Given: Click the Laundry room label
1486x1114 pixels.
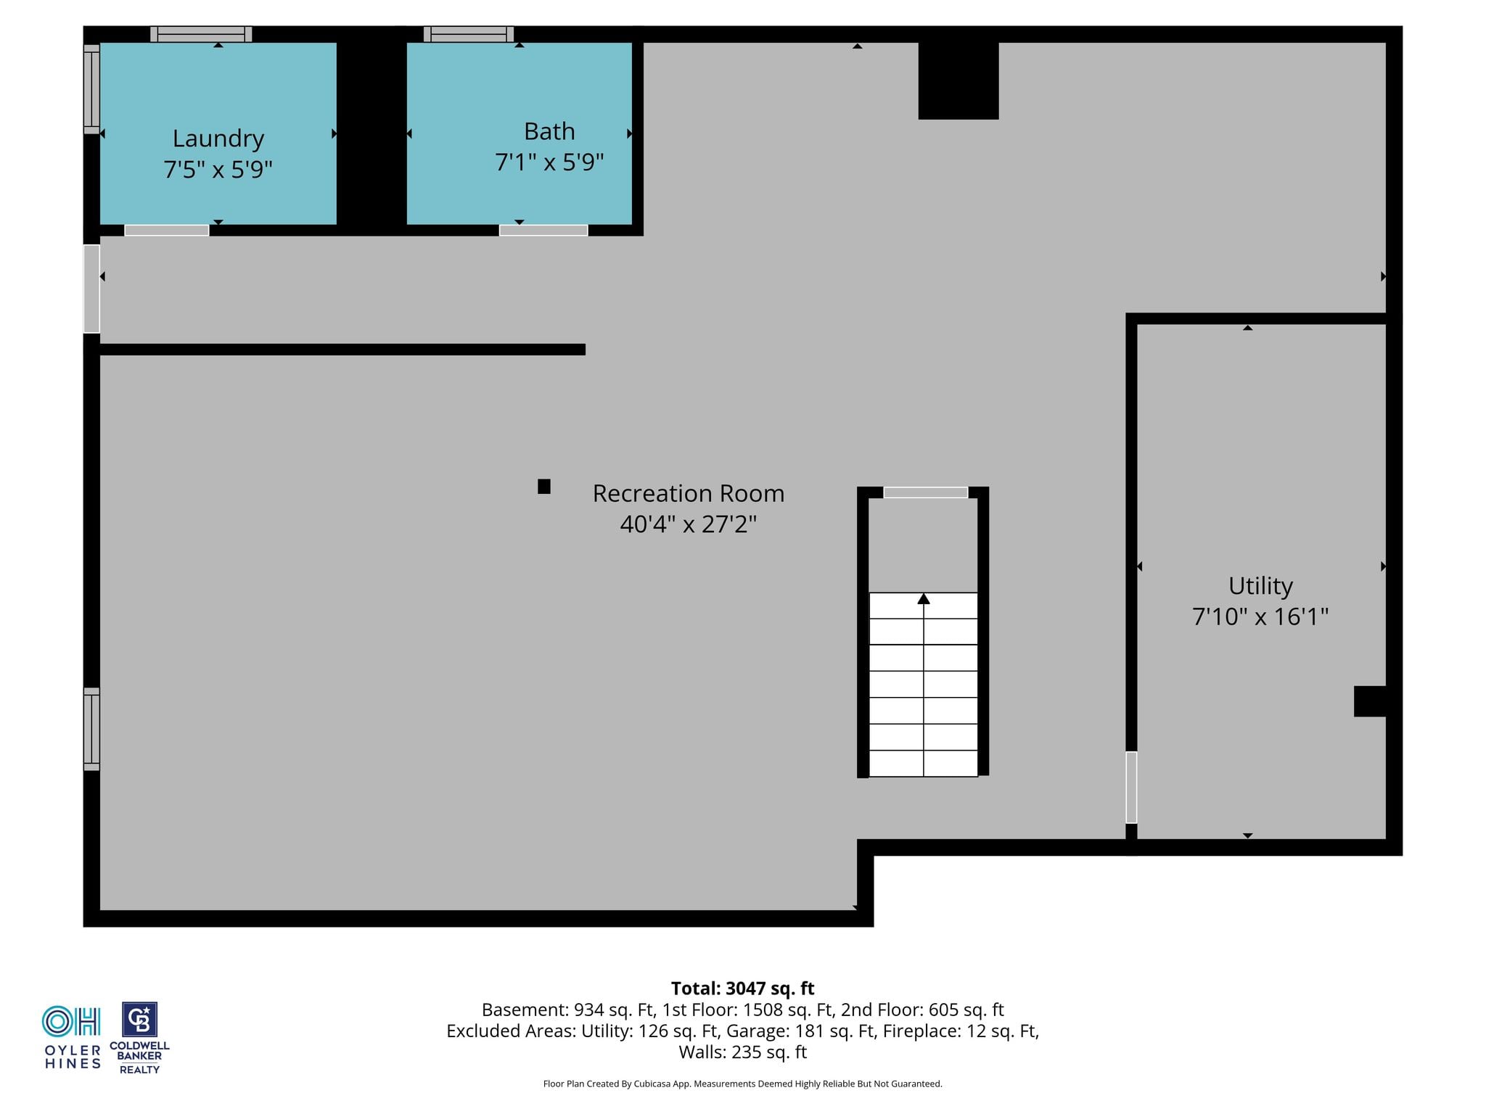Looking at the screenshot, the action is tap(218, 138).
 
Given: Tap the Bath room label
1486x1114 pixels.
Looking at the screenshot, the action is tap(549, 131).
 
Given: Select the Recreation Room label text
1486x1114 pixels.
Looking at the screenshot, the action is tap(689, 493).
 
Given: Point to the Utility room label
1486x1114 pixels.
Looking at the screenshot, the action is tap(1260, 586).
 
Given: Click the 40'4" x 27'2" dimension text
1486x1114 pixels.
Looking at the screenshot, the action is tap(689, 524).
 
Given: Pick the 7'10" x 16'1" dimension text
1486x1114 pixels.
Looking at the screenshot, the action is tap(1260, 616).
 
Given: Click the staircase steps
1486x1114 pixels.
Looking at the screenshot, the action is tap(923, 685).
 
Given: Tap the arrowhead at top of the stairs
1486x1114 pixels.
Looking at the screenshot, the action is tap(923, 598).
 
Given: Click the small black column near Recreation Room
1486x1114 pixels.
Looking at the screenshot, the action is tap(544, 487).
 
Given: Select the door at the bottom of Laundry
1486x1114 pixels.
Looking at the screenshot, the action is tap(167, 231).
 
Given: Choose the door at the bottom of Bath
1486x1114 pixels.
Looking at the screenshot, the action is tap(543, 231).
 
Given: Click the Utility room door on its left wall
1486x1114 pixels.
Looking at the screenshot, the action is tap(1131, 787).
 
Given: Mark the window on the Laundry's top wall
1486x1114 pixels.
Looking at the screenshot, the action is tap(201, 34).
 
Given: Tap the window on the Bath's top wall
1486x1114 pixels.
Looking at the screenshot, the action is tap(469, 34).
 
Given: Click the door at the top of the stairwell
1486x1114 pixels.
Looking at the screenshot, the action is tap(925, 492).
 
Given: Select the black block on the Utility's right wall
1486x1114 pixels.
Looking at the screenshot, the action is tap(1370, 701).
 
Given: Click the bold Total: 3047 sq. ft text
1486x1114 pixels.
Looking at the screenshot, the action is tap(742, 989).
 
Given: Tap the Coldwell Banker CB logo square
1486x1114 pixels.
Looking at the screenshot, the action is tap(139, 1020).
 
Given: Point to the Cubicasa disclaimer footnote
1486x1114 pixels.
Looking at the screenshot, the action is tap(742, 1084).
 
